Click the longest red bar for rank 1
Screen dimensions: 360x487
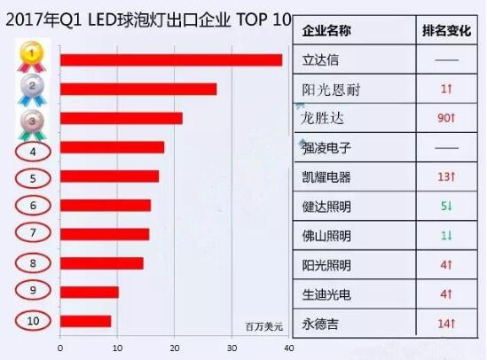(170, 60)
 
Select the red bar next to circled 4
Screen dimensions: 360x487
(112, 147)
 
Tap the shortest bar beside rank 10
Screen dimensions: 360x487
(85, 321)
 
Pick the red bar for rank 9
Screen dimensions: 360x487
(89, 292)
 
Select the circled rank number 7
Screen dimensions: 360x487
(32, 233)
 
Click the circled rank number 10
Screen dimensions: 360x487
(33, 320)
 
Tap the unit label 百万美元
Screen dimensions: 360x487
(264, 327)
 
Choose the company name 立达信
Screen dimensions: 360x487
(321, 61)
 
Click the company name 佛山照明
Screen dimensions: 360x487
(327, 236)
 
